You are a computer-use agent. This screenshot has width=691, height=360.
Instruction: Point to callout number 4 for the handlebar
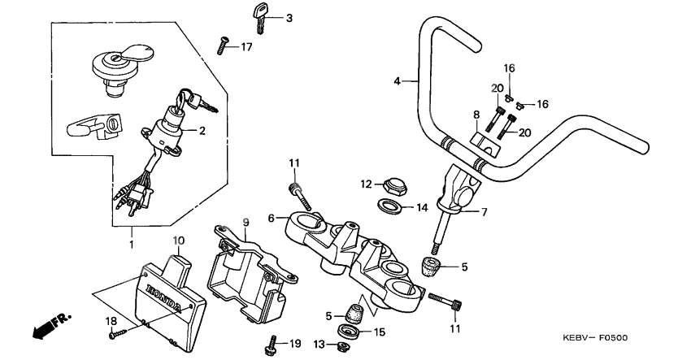point(398,80)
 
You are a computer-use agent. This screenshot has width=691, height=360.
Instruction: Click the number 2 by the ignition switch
point(202,130)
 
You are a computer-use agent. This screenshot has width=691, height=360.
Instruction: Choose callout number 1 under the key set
point(132,243)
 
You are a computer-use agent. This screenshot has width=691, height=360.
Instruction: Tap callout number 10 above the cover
point(179,240)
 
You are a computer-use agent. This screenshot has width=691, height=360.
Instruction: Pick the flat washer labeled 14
point(390,206)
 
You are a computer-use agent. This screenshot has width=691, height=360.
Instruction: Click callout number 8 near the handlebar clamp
point(476,116)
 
